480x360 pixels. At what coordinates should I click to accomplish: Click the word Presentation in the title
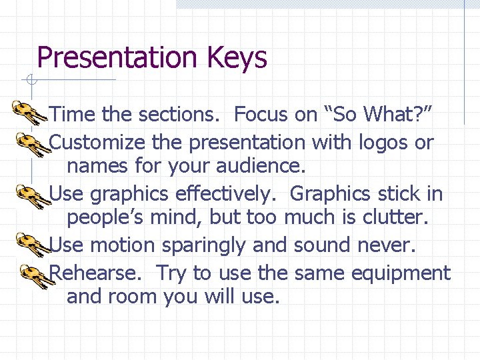(x=117, y=57)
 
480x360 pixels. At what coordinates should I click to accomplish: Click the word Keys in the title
(x=237, y=57)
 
